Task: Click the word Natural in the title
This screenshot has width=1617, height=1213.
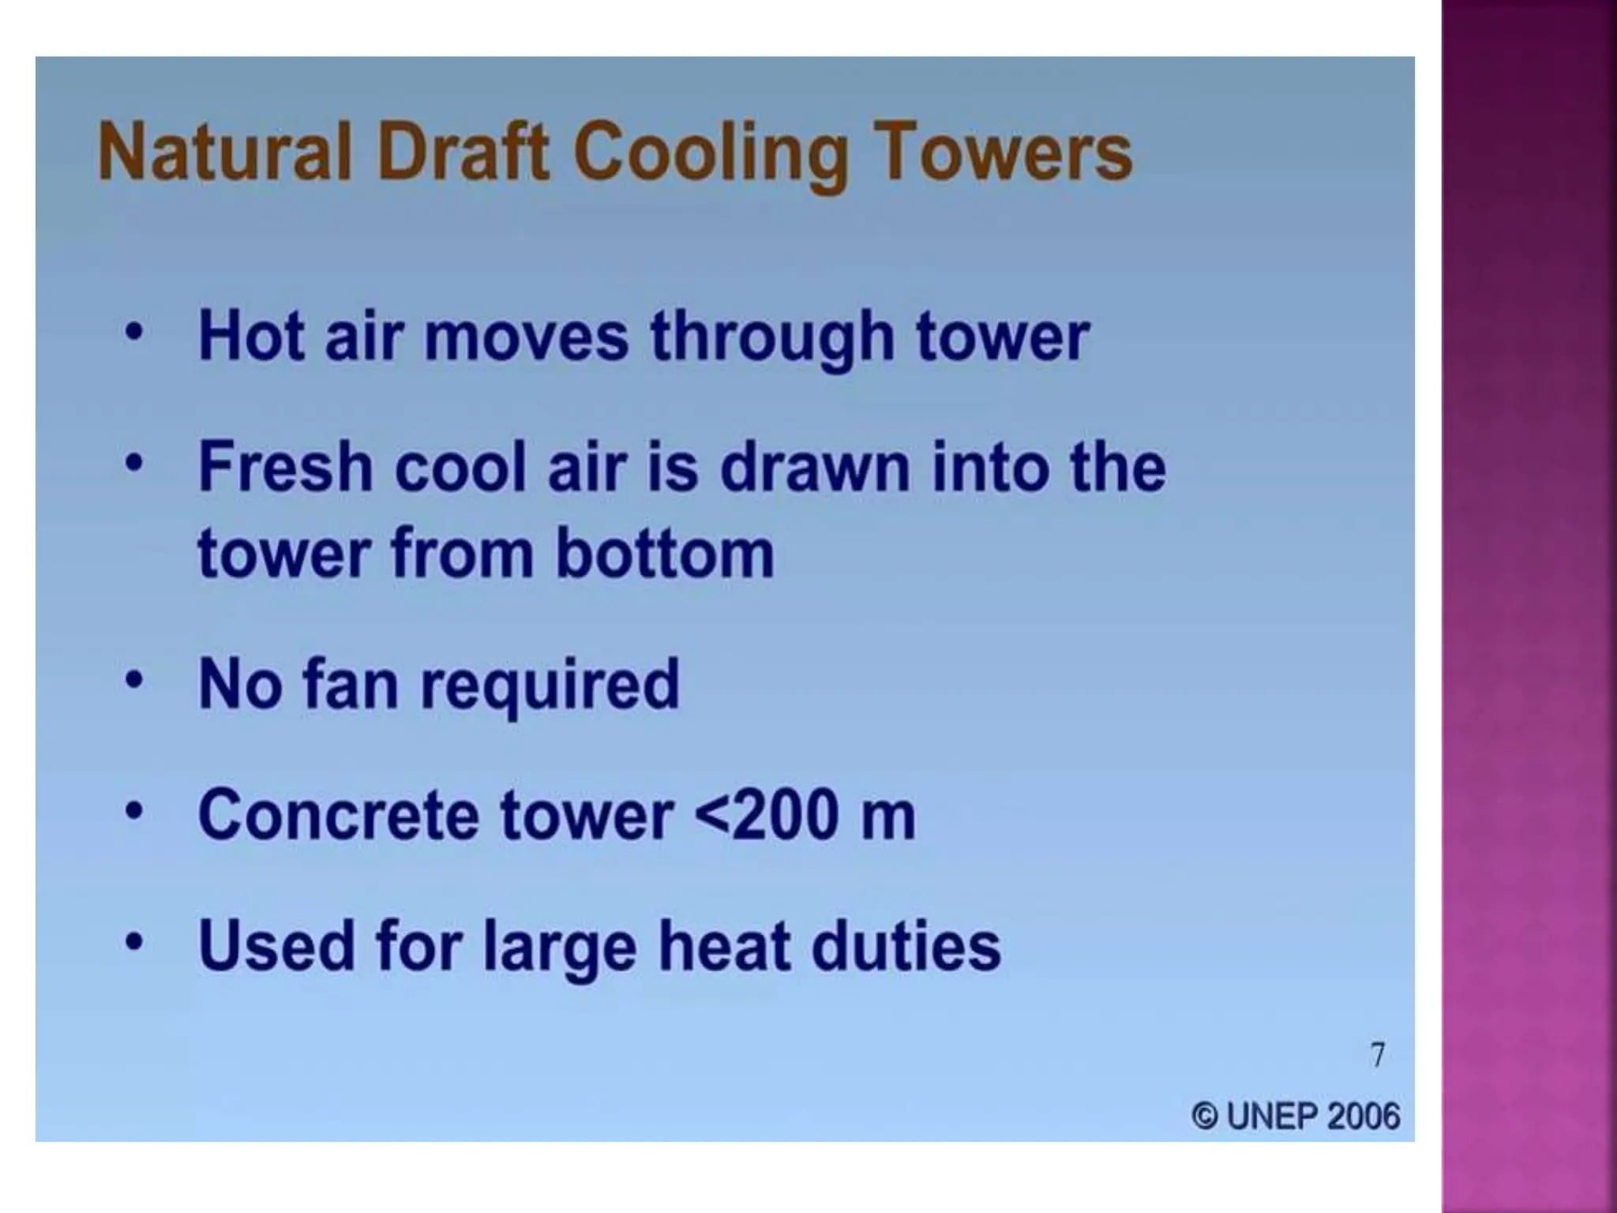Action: [224, 152]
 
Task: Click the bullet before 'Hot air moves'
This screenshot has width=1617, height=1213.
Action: [135, 332]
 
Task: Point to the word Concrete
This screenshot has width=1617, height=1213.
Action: [338, 815]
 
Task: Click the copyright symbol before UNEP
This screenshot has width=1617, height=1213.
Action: [1204, 1117]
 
